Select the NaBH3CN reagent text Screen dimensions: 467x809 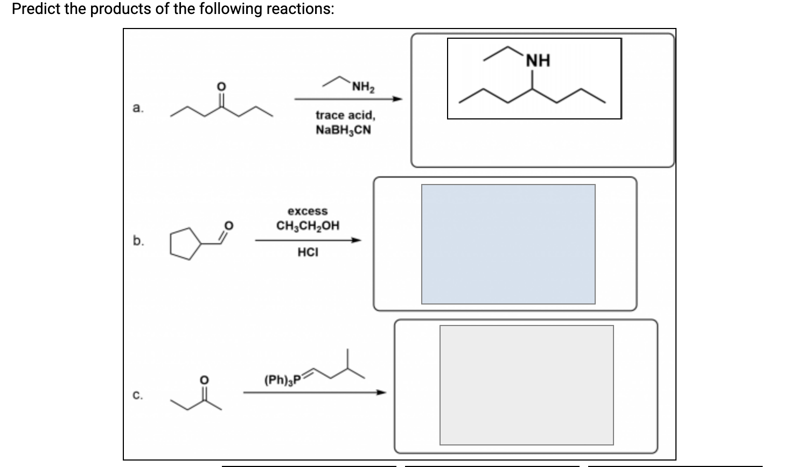(344, 130)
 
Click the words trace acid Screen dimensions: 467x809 (345, 115)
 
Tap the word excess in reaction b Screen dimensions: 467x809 (308, 211)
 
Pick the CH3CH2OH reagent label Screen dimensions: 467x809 (308, 225)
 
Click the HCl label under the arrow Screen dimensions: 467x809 (308, 252)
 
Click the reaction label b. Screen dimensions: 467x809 (138, 240)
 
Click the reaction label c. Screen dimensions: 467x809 (138, 395)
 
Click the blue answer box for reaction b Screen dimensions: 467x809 (508, 244)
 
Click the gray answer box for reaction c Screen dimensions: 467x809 (526, 385)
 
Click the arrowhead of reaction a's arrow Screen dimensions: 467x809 (397, 99)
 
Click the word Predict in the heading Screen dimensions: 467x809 (36, 9)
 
